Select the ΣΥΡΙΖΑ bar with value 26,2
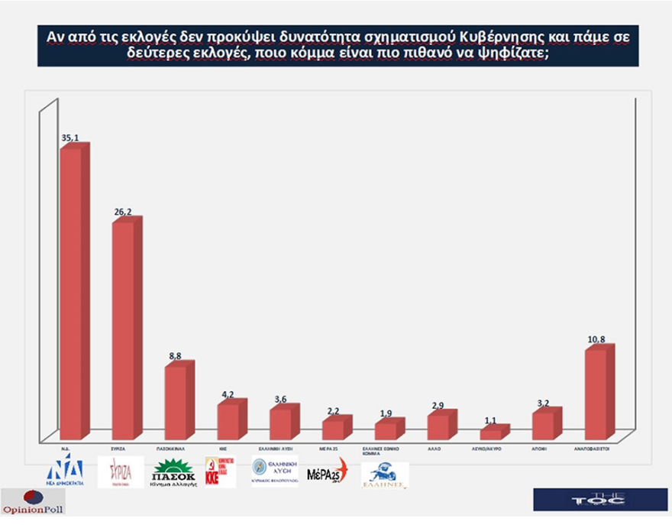click(x=124, y=329)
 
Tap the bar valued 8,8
click(x=176, y=401)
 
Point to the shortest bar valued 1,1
click(x=492, y=433)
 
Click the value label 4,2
click(x=228, y=394)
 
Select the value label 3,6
click(x=281, y=399)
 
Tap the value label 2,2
click(x=334, y=410)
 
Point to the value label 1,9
click(x=386, y=413)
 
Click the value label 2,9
click(x=439, y=404)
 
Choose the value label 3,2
click(x=544, y=402)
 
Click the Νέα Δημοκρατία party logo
click(x=65, y=472)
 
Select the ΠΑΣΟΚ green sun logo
click(x=174, y=472)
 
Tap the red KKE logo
click(x=220, y=472)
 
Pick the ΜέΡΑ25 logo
click(x=327, y=472)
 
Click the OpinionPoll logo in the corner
click(x=33, y=503)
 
